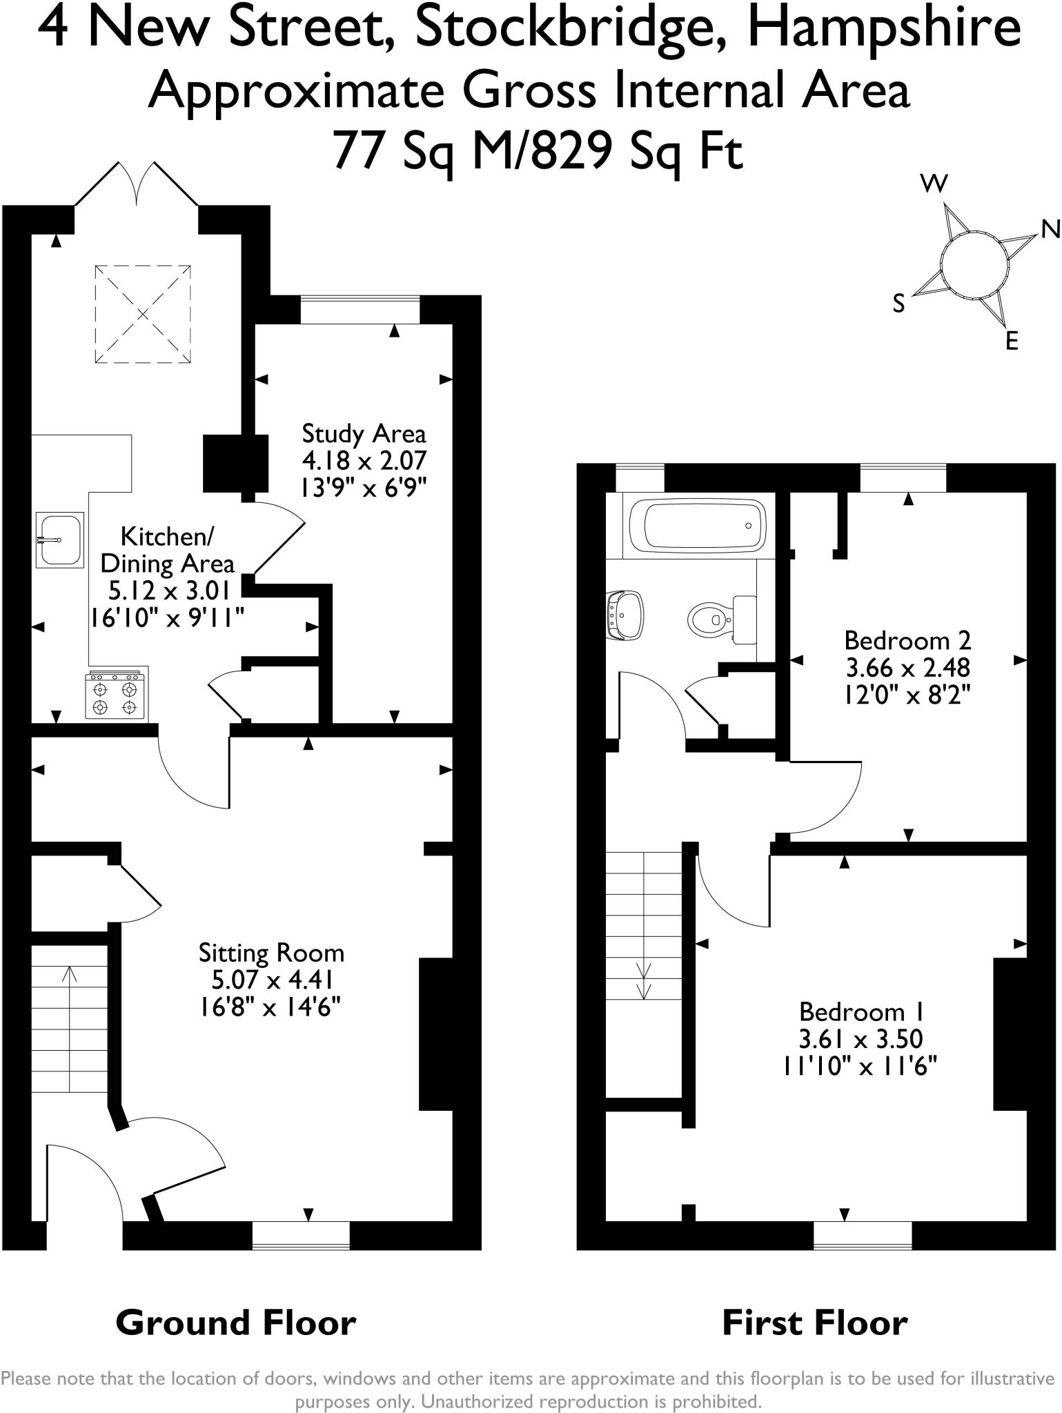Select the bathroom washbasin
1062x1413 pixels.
coord(627,613)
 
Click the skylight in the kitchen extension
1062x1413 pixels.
coord(142,314)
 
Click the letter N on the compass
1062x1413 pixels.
coord(1050,230)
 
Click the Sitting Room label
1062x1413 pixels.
coord(271,953)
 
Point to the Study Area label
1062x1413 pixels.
coord(364,434)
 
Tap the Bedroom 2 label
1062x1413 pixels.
coord(907,641)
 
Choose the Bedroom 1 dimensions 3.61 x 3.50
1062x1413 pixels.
coord(861,1038)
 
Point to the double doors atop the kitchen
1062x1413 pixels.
coord(137,185)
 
